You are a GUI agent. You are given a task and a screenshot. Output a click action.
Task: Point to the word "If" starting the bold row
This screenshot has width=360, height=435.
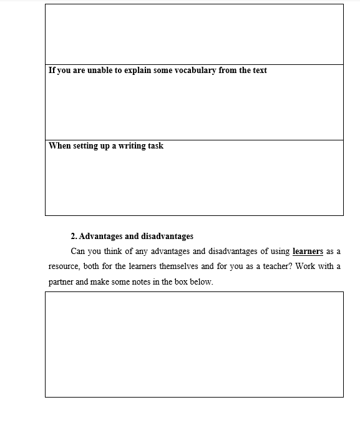(x=52, y=71)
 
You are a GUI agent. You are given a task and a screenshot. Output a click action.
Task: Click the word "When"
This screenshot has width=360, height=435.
(x=60, y=146)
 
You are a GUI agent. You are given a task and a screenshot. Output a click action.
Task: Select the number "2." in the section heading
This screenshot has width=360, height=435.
(x=74, y=237)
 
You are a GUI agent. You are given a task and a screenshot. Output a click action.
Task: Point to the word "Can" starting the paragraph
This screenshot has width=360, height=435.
(x=78, y=252)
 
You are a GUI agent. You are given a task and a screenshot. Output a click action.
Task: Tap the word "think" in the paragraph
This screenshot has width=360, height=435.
(x=116, y=252)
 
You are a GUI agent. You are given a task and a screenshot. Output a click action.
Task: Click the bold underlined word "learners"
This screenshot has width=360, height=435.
(x=308, y=252)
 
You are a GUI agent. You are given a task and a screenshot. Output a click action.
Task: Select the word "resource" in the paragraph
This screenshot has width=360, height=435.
(x=65, y=266)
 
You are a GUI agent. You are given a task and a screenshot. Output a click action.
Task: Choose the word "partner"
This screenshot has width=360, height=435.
(x=61, y=281)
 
